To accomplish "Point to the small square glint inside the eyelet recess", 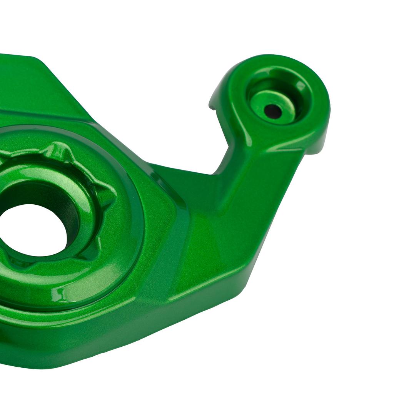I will [301, 86].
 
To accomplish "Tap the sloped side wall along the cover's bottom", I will [115, 339].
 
